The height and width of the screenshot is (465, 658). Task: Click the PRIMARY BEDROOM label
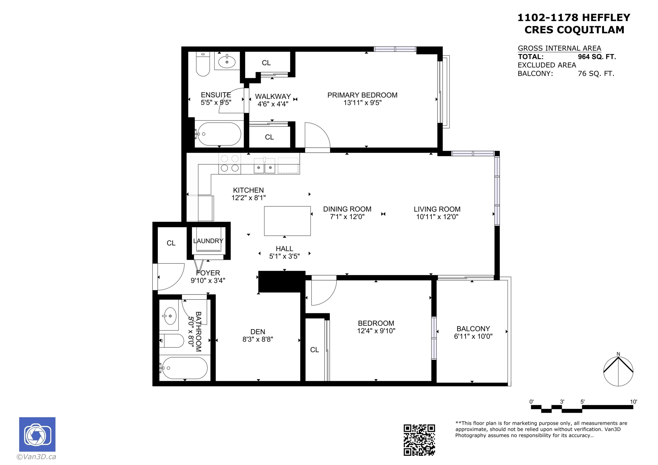point(362,95)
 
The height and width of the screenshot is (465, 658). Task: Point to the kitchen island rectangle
point(287,221)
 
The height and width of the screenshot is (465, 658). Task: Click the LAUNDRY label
point(208,241)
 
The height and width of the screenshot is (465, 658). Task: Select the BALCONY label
point(473,329)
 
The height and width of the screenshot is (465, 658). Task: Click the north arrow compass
point(618,371)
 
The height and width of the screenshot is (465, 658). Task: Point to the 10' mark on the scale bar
point(633,402)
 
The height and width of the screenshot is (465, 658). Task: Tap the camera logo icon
point(37,434)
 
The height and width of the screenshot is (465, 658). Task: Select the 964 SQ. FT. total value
point(597,57)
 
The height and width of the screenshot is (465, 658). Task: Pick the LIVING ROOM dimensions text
point(437,217)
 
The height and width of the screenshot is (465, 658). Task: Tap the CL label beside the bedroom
point(314,350)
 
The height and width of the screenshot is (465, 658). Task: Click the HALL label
point(284,249)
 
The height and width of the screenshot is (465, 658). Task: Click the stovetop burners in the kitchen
point(230,163)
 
